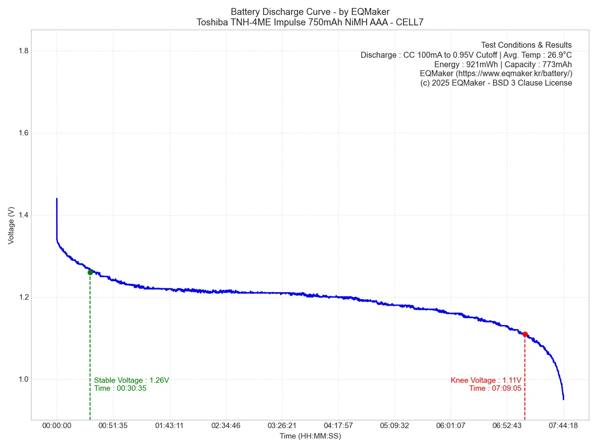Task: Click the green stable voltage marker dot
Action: click(90, 272)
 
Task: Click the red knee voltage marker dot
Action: click(525, 334)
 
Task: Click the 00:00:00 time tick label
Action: click(57, 426)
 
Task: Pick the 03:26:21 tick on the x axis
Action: click(282, 426)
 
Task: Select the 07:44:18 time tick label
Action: click(563, 426)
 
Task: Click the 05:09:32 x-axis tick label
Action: click(395, 426)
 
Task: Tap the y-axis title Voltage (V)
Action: click(11, 225)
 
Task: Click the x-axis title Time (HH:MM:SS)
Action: click(310, 437)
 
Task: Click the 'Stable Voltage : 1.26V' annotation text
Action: click(131, 380)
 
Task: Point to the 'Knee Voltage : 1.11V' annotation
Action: click(486, 380)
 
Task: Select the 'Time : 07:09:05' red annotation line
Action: click(495, 388)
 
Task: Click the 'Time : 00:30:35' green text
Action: click(120, 388)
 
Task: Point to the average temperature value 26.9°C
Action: click(559, 55)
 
